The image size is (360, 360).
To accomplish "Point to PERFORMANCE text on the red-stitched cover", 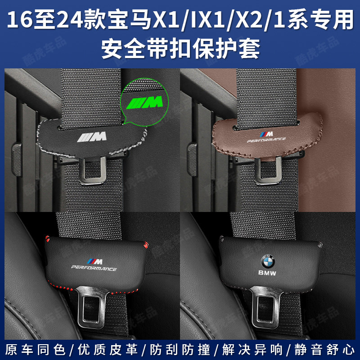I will (94, 268).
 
